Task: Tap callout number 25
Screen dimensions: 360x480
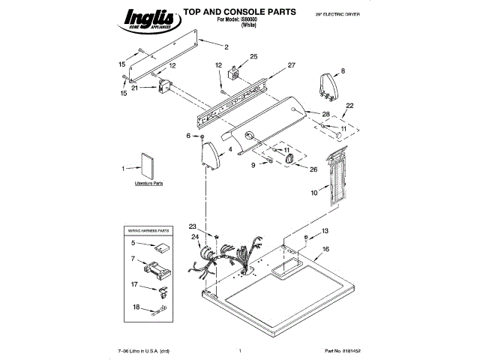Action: [x=253, y=57]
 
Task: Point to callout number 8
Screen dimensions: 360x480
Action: [x=343, y=71]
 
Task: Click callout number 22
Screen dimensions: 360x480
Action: [x=349, y=106]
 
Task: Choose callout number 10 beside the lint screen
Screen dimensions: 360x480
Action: [x=314, y=193]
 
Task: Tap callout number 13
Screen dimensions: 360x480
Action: [x=325, y=231]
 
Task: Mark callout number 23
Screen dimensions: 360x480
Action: [x=192, y=226]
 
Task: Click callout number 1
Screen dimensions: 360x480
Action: [x=124, y=169]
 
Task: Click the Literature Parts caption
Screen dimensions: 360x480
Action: [x=148, y=183]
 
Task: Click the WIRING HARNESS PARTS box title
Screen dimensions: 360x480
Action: [x=148, y=230]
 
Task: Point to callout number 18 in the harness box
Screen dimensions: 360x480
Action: [x=135, y=306]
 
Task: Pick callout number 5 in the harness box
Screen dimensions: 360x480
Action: [x=133, y=243]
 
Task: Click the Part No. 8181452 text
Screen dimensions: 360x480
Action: [x=343, y=351]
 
